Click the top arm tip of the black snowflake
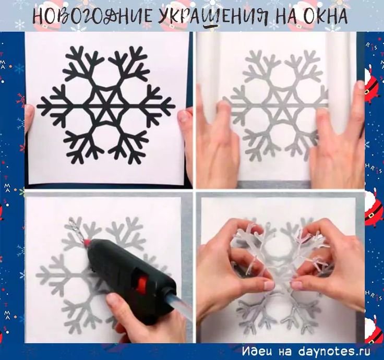click(106, 48)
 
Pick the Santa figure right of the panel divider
click(373, 209)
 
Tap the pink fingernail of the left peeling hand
click(268, 285)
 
